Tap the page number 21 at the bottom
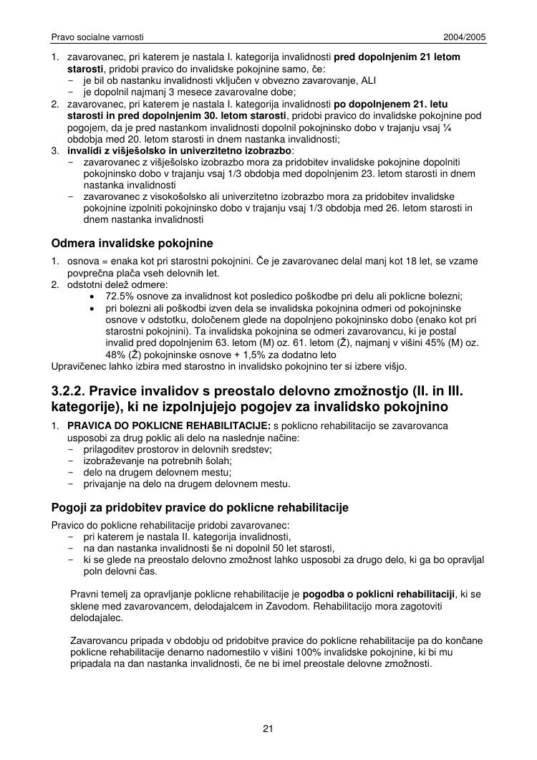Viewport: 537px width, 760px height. click(268, 729)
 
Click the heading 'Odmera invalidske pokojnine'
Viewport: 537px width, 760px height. click(132, 244)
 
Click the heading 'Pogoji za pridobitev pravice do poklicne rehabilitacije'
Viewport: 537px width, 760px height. click(200, 508)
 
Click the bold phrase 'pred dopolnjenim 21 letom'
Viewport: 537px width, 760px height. click(397, 57)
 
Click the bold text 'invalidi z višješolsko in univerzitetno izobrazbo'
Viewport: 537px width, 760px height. click(180, 150)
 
